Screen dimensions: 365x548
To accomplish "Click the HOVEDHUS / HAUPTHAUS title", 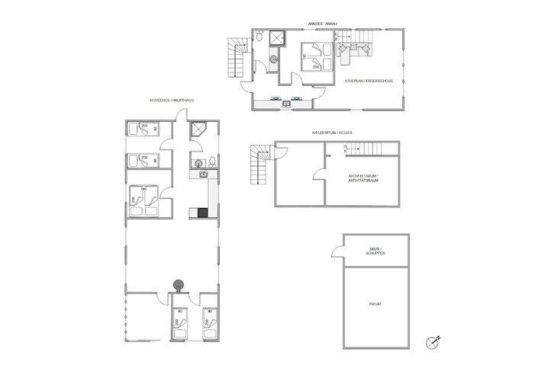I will (171, 100).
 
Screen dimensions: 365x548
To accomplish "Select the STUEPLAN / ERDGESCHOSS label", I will (368, 80).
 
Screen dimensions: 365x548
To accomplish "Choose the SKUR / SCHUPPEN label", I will (374, 251).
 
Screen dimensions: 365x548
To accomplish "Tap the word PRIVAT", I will (374, 304).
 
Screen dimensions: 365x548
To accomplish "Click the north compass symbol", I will (434, 341).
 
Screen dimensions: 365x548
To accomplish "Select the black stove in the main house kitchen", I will (203, 213).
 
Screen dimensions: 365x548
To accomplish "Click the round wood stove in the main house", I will (180, 286).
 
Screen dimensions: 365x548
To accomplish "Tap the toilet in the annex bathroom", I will (260, 37).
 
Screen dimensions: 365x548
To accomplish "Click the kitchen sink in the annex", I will (286, 104).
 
